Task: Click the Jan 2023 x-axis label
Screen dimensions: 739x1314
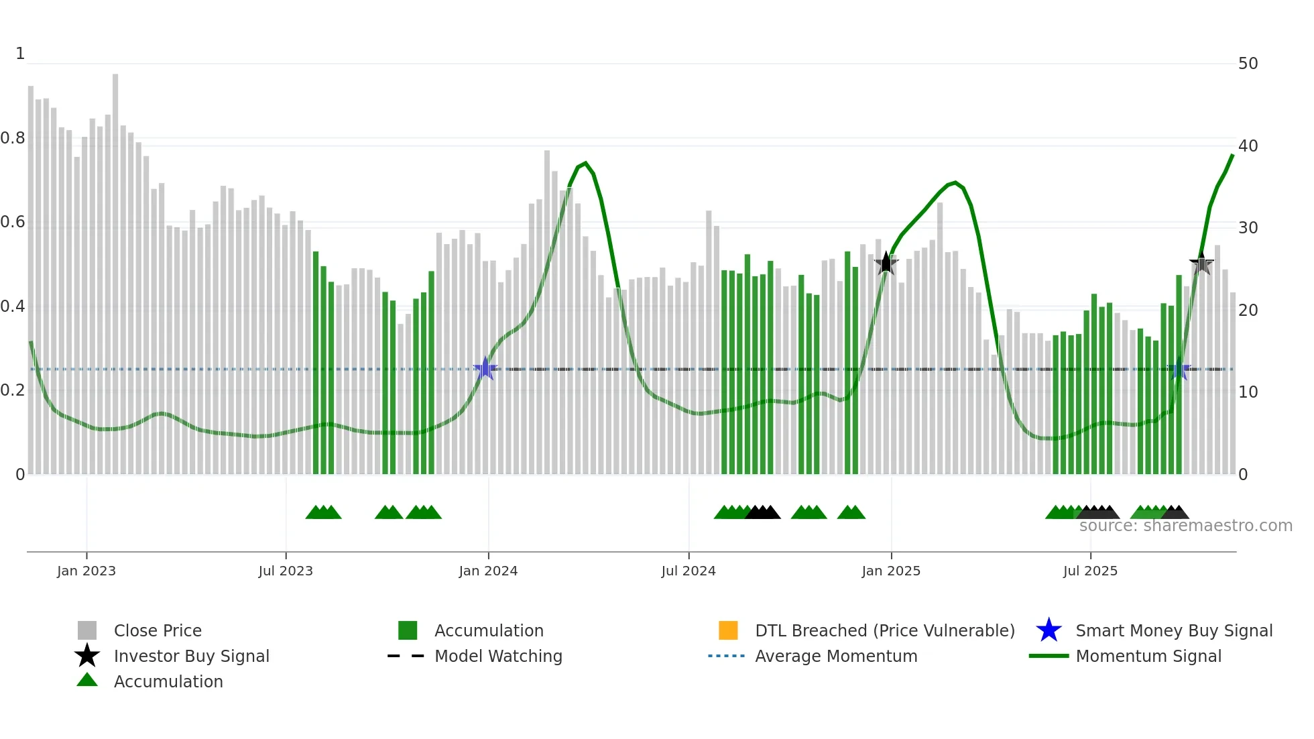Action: coord(86,571)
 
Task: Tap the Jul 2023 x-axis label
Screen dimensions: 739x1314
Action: coord(286,571)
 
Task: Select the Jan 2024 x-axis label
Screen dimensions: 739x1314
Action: coord(488,571)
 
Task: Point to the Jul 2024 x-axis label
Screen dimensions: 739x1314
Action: coord(689,571)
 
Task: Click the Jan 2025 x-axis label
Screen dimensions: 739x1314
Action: coord(891,571)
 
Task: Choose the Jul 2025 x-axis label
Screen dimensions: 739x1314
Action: coord(1090,571)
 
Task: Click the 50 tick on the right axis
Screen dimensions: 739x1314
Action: coord(1248,64)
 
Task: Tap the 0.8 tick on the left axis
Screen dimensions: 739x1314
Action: coord(13,138)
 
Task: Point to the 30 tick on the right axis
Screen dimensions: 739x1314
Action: coord(1248,228)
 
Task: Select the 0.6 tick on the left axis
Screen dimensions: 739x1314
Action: coord(13,222)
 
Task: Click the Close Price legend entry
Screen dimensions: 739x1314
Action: coord(158,630)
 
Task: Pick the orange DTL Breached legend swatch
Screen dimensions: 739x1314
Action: coord(728,630)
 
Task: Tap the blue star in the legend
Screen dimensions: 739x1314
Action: coord(1049,630)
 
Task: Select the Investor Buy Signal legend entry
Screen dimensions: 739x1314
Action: coord(191,656)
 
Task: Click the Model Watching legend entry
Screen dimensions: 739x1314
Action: coord(498,656)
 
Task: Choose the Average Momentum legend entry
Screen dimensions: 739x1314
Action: coord(836,656)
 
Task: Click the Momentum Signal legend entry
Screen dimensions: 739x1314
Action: coord(1148,656)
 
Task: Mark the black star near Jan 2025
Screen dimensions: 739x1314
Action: coord(886,264)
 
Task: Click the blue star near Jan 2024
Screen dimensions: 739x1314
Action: coord(485,369)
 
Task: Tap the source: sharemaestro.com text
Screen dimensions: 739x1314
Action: coord(1185,526)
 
